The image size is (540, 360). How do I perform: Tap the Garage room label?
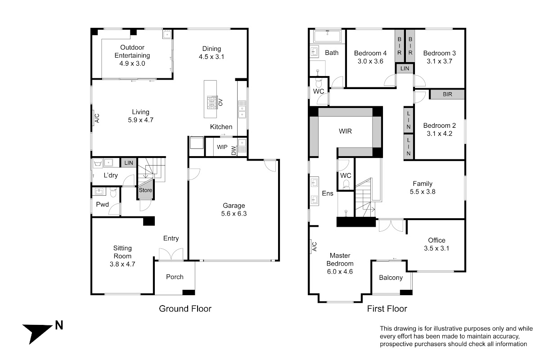(234, 206)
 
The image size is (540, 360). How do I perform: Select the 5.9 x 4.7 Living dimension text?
(140, 120)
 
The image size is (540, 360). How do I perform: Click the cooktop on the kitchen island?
(211, 103)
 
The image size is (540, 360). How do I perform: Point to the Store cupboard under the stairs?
(145, 190)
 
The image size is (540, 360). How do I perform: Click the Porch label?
(175, 277)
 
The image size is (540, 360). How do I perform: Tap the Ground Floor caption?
(185, 309)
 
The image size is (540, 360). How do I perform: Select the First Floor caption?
(387, 309)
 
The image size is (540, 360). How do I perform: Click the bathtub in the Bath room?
(327, 36)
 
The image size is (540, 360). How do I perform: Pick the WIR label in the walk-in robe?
(345, 131)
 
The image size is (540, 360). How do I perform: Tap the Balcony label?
(391, 278)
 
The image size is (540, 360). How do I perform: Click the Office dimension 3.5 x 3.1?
(436, 248)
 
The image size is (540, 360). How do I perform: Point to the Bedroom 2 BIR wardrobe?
(447, 94)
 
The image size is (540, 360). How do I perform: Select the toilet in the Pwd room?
(113, 193)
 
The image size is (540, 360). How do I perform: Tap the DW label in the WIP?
(234, 151)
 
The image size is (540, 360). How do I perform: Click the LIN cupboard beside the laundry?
(129, 163)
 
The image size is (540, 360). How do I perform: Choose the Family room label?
(423, 184)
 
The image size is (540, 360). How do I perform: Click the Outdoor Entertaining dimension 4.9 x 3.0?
(132, 63)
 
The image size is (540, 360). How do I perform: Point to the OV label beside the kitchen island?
(220, 103)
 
